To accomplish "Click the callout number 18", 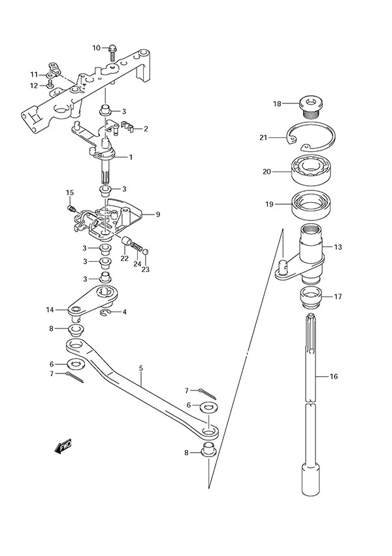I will [277, 103].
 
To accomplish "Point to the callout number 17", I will [338, 296].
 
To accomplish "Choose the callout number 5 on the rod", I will [140, 368].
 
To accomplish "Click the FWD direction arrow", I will [63, 447].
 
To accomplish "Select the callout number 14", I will [50, 309].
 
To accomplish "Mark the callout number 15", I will [69, 192].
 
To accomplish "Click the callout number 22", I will [124, 259].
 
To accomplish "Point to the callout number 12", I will [33, 86].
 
